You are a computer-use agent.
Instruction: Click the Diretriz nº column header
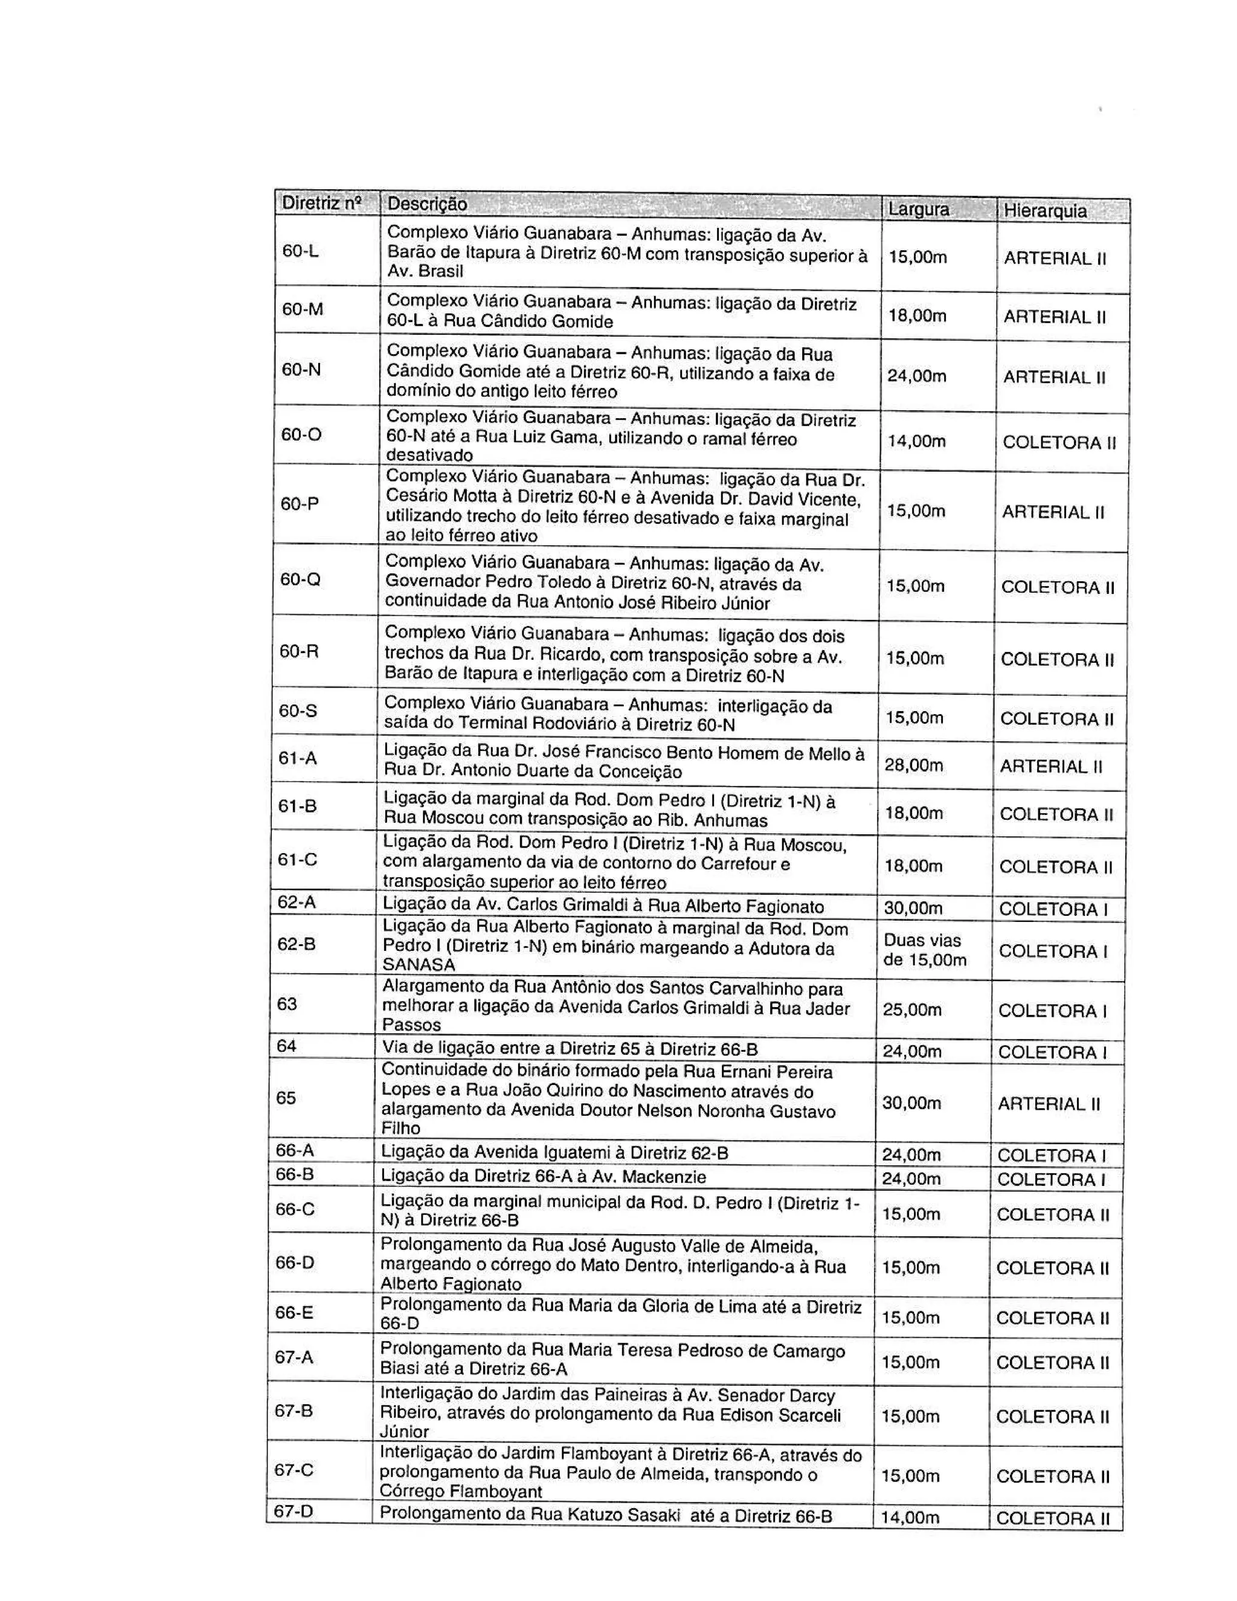(x=322, y=203)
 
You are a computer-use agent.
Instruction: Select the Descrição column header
(x=426, y=204)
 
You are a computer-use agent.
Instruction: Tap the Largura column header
(x=918, y=210)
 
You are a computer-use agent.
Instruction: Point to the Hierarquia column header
(x=1045, y=211)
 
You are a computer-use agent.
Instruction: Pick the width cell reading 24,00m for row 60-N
(x=917, y=376)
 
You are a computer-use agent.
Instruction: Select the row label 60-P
(x=300, y=504)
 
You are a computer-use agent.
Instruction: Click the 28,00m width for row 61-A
(x=913, y=765)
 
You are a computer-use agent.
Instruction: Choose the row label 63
(x=288, y=1003)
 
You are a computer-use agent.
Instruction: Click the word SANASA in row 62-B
(x=419, y=965)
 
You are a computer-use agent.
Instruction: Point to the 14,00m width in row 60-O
(x=916, y=441)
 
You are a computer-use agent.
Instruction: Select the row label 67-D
(x=293, y=1512)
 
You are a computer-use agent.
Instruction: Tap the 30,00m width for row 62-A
(x=913, y=908)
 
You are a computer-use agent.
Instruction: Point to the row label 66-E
(x=294, y=1312)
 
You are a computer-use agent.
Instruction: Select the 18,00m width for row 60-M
(x=917, y=316)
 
